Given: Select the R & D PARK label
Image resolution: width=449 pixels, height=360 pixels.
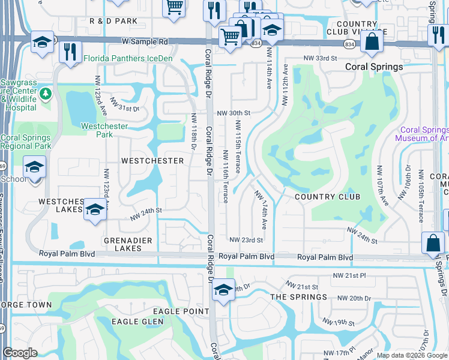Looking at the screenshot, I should (113, 21).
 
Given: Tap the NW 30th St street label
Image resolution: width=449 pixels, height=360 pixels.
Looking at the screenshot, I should (233, 113).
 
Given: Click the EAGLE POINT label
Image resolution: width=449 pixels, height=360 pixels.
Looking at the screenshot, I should (180, 311).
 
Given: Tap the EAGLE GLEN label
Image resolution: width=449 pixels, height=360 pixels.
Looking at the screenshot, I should (134, 322).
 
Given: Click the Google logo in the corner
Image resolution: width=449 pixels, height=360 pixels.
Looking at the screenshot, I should (20, 353).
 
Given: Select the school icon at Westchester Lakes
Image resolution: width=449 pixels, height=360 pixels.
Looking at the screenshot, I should (94, 210).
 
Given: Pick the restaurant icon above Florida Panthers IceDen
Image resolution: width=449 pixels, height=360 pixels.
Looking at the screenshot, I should (72, 52).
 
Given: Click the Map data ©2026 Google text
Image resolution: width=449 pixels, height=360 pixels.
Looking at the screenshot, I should (411, 355).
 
